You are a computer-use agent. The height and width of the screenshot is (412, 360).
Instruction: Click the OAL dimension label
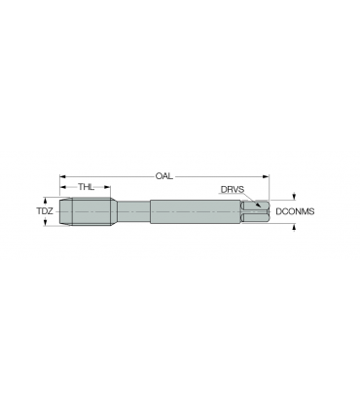pos(164,176)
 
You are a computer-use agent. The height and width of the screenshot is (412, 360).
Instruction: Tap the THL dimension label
pos(86,187)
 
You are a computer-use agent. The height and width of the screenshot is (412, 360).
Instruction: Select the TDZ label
pos(45,211)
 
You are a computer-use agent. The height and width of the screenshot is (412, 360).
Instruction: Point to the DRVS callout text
pos(233,189)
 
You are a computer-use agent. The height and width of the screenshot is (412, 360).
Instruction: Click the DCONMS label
pos(295,211)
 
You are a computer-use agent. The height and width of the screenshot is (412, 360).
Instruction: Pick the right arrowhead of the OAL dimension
pos(266,176)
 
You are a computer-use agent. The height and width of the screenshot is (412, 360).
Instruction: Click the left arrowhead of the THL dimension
pos(63,187)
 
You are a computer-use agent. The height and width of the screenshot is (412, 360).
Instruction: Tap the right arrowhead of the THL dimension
pos(107,187)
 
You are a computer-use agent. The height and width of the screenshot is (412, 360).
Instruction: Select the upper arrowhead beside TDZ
pos(46,201)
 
